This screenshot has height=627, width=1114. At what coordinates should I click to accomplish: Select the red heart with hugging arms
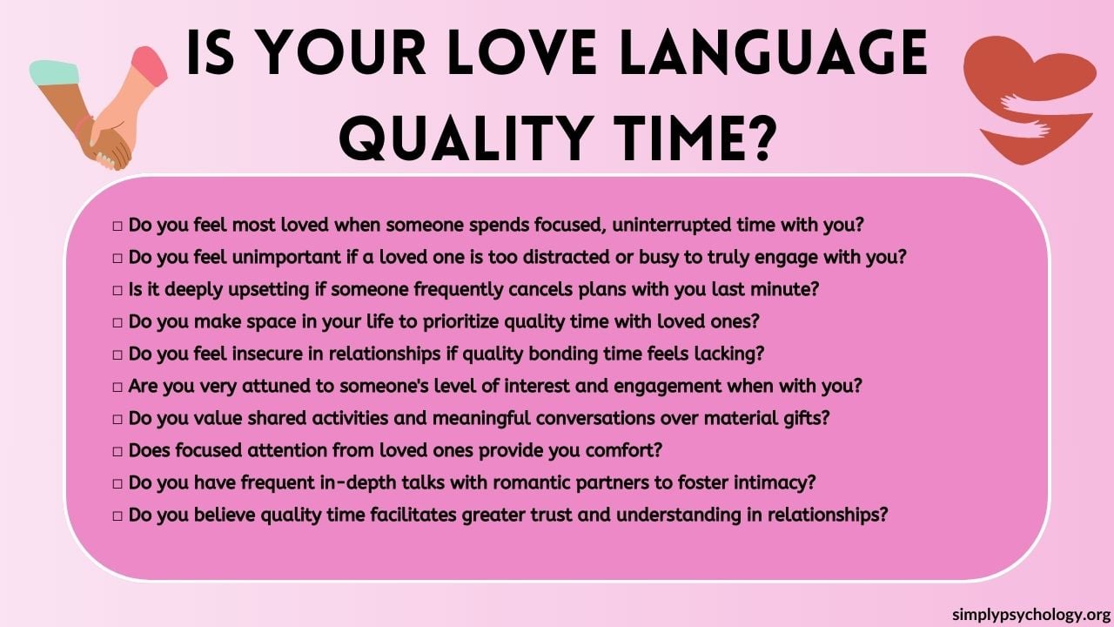1027,96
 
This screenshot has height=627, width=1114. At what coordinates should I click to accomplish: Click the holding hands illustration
100,109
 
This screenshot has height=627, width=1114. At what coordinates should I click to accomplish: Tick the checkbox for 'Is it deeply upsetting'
117,290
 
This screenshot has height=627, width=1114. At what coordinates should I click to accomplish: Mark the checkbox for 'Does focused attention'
117,451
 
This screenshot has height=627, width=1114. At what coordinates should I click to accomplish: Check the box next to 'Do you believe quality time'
117,516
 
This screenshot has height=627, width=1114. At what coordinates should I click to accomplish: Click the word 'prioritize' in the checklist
466,321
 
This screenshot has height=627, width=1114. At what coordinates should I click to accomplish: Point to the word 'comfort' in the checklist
623,450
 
